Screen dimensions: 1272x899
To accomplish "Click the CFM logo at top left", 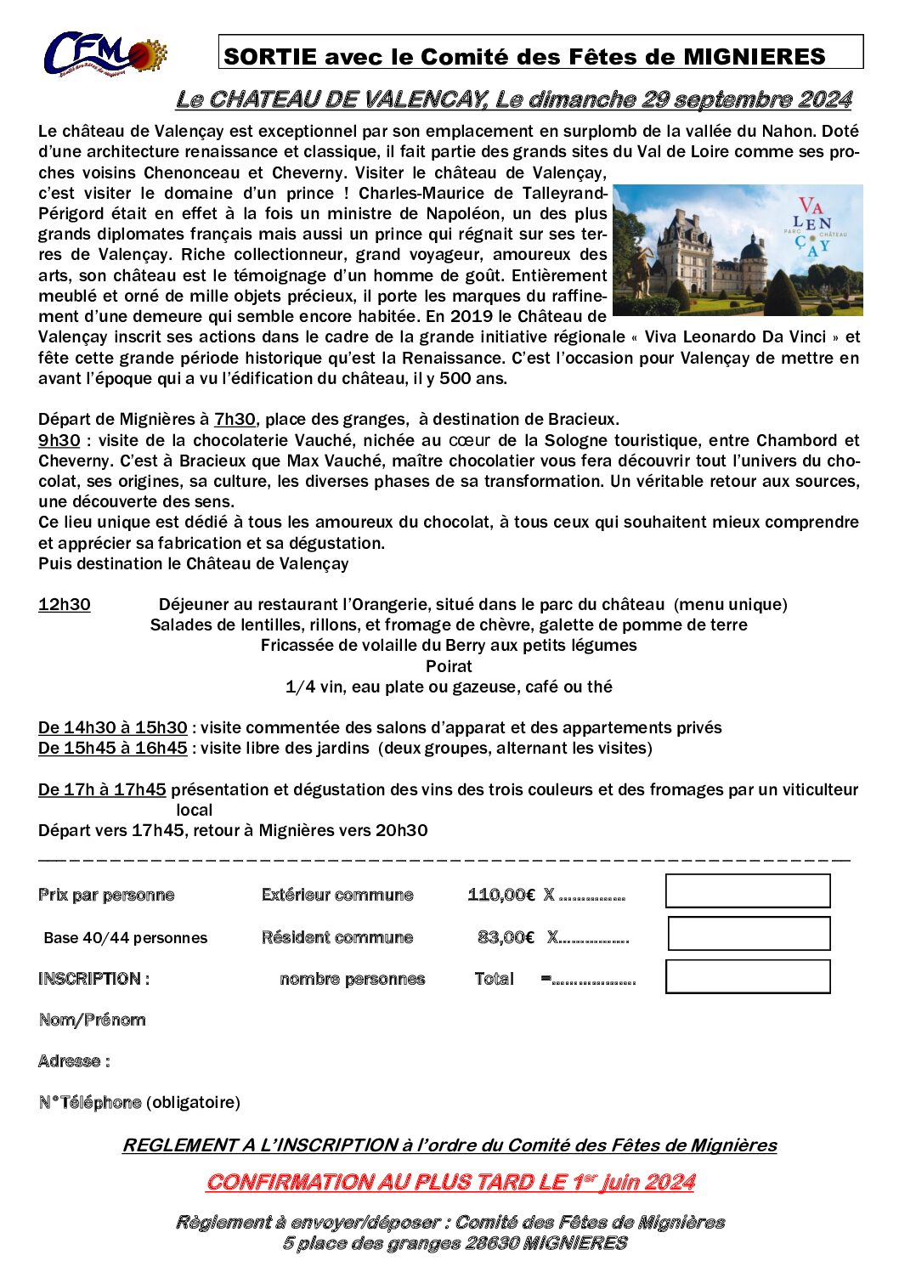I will click(x=104, y=54).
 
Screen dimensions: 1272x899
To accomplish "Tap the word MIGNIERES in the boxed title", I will click(x=755, y=57).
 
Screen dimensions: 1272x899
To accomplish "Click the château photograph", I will click(x=737, y=250).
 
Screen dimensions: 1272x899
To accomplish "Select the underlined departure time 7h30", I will click(x=235, y=420).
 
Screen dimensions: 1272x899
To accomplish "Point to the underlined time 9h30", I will click(x=59, y=440).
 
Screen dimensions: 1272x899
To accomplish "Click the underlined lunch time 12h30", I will click(x=65, y=604).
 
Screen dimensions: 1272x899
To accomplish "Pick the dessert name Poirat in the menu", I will click(x=449, y=666).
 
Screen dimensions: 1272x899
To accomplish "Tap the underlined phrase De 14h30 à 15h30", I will click(x=113, y=727).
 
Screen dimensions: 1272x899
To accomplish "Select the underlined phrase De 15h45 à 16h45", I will click(x=113, y=748).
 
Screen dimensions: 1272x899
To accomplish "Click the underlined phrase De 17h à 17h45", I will click(x=102, y=789).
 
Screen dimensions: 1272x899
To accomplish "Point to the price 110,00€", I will click(x=501, y=895).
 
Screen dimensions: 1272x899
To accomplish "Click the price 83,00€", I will click(x=506, y=937).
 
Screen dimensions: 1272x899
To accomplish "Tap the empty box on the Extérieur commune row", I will click(x=748, y=890).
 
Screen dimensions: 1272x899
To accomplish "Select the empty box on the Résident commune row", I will click(x=749, y=933).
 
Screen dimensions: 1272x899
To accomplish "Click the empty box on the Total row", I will click(x=748, y=976).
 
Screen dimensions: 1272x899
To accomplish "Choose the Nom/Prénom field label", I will click(x=92, y=1020).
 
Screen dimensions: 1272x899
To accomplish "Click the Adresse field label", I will click(x=74, y=1061).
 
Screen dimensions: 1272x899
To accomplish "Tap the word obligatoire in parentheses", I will click(x=193, y=1102).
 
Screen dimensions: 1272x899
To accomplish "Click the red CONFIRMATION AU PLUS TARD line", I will click(x=450, y=1182).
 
